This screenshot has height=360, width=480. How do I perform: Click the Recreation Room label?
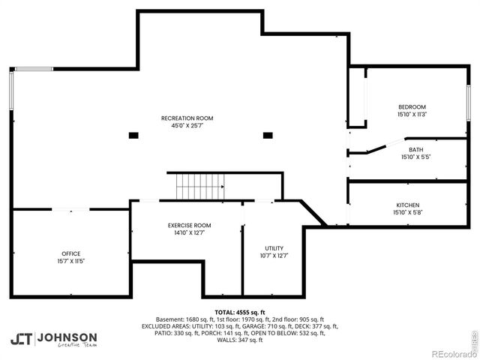click(x=187, y=118)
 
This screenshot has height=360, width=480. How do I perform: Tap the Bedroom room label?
click(x=412, y=106)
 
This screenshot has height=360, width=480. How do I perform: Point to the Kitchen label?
click(x=408, y=205)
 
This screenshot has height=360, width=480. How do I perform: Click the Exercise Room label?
click(x=189, y=225)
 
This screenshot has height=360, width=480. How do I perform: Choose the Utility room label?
click(x=274, y=248)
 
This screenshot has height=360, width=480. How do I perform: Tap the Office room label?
click(x=71, y=253)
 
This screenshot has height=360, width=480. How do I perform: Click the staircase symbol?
click(x=200, y=186)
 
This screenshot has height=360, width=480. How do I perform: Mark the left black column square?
click(x=133, y=135)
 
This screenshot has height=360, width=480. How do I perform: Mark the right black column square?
click(x=267, y=135)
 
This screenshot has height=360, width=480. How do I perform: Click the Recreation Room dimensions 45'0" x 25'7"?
click(x=187, y=126)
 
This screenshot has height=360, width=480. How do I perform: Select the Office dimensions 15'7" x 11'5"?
click(x=71, y=261)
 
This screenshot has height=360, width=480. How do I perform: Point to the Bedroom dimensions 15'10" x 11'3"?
click(x=412, y=115)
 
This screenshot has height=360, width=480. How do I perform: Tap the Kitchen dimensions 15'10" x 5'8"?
click(x=408, y=212)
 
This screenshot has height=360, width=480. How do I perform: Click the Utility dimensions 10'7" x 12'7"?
click(x=274, y=256)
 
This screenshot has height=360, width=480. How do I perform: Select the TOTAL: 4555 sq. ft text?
click(x=240, y=311)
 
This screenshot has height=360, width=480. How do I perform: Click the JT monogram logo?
click(x=21, y=338)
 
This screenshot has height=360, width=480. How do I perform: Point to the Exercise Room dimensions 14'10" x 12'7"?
click(x=189, y=232)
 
